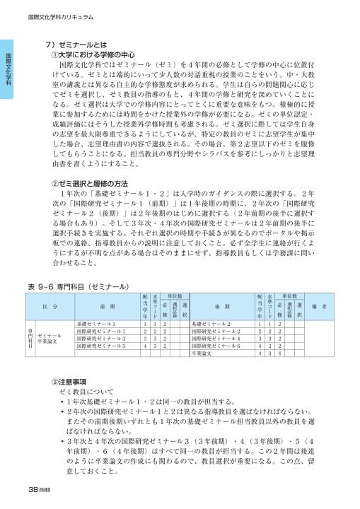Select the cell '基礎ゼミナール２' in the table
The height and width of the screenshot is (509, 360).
pyautogui.click(x=213, y=323)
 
